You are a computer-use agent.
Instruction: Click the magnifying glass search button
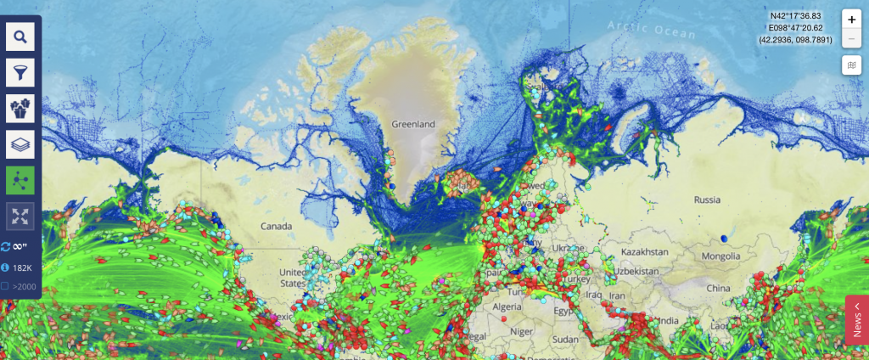click(20, 37)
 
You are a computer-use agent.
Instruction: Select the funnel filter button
click(20, 72)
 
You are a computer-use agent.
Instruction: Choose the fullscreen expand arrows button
click(20, 216)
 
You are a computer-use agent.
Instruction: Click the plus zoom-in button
click(852, 20)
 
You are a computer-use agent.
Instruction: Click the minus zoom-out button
click(852, 39)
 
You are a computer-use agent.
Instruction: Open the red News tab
click(857, 319)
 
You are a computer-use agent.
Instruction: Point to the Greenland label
click(412, 124)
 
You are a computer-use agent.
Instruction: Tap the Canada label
click(277, 227)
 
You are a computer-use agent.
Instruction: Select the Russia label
click(706, 201)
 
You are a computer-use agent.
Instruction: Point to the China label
click(718, 288)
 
